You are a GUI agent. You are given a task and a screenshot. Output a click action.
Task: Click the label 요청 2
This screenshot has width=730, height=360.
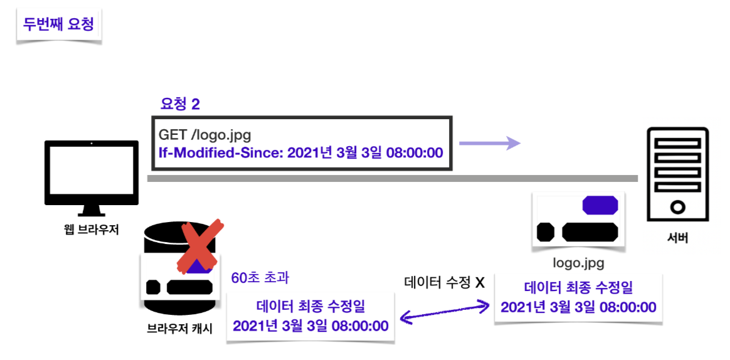click(180, 104)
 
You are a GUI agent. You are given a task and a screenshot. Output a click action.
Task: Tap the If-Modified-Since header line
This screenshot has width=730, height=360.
click(300, 152)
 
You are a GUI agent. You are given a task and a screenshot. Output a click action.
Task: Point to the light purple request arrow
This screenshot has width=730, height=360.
click(489, 144)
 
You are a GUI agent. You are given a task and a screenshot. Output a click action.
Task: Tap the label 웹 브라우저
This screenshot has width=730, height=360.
click(92, 230)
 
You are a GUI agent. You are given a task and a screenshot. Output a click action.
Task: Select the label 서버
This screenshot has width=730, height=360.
click(677, 238)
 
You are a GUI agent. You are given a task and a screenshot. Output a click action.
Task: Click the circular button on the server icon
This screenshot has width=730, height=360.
click(678, 206)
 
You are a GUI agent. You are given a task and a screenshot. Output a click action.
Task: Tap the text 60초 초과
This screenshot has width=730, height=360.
click(260, 277)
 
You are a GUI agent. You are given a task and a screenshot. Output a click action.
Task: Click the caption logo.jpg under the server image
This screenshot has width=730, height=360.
click(578, 263)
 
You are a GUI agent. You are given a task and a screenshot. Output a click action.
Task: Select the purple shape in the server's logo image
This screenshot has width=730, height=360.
click(600, 205)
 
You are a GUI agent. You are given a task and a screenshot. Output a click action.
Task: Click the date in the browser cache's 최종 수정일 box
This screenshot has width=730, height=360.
click(310, 326)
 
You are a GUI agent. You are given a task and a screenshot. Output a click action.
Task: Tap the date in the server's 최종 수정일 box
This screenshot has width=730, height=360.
click(578, 307)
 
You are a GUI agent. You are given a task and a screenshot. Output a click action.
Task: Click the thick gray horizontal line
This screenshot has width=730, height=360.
click(392, 179)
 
